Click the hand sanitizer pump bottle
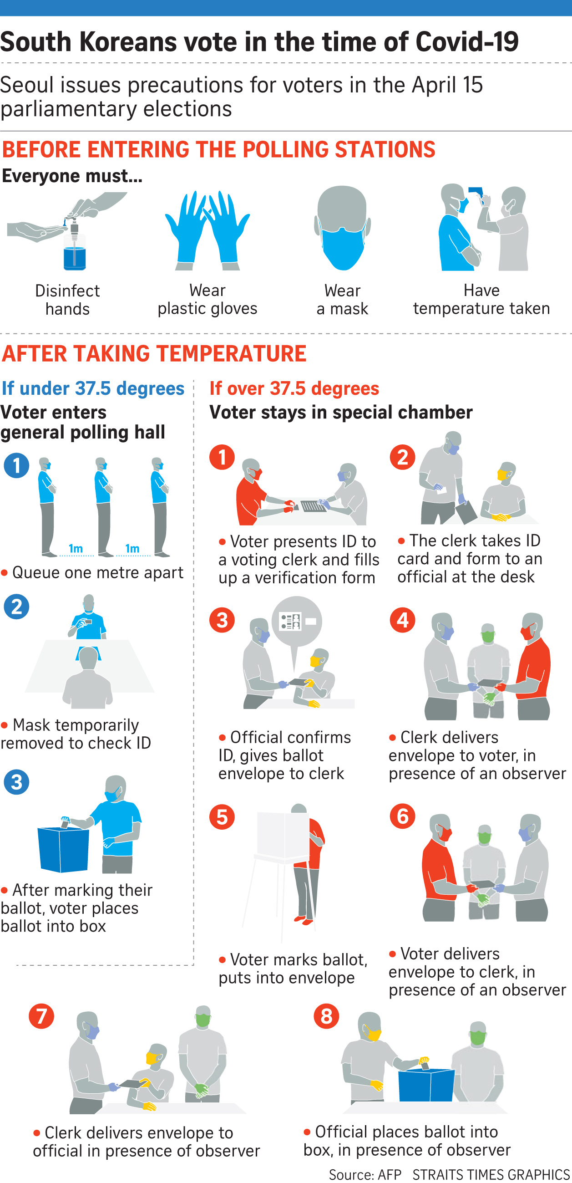click(74, 245)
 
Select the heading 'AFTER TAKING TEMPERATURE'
click(154, 354)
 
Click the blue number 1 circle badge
click(16, 465)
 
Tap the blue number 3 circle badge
click(16, 782)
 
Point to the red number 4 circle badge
click(403, 620)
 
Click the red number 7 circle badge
click(41, 1016)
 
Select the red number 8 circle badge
click(326, 1016)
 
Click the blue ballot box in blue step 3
click(63, 849)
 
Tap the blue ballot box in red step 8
click(426, 1084)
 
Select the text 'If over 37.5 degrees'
click(294, 388)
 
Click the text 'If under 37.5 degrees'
click(93, 388)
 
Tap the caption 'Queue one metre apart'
click(98, 573)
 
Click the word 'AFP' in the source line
click(389, 1174)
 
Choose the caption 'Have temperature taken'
click(481, 299)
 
